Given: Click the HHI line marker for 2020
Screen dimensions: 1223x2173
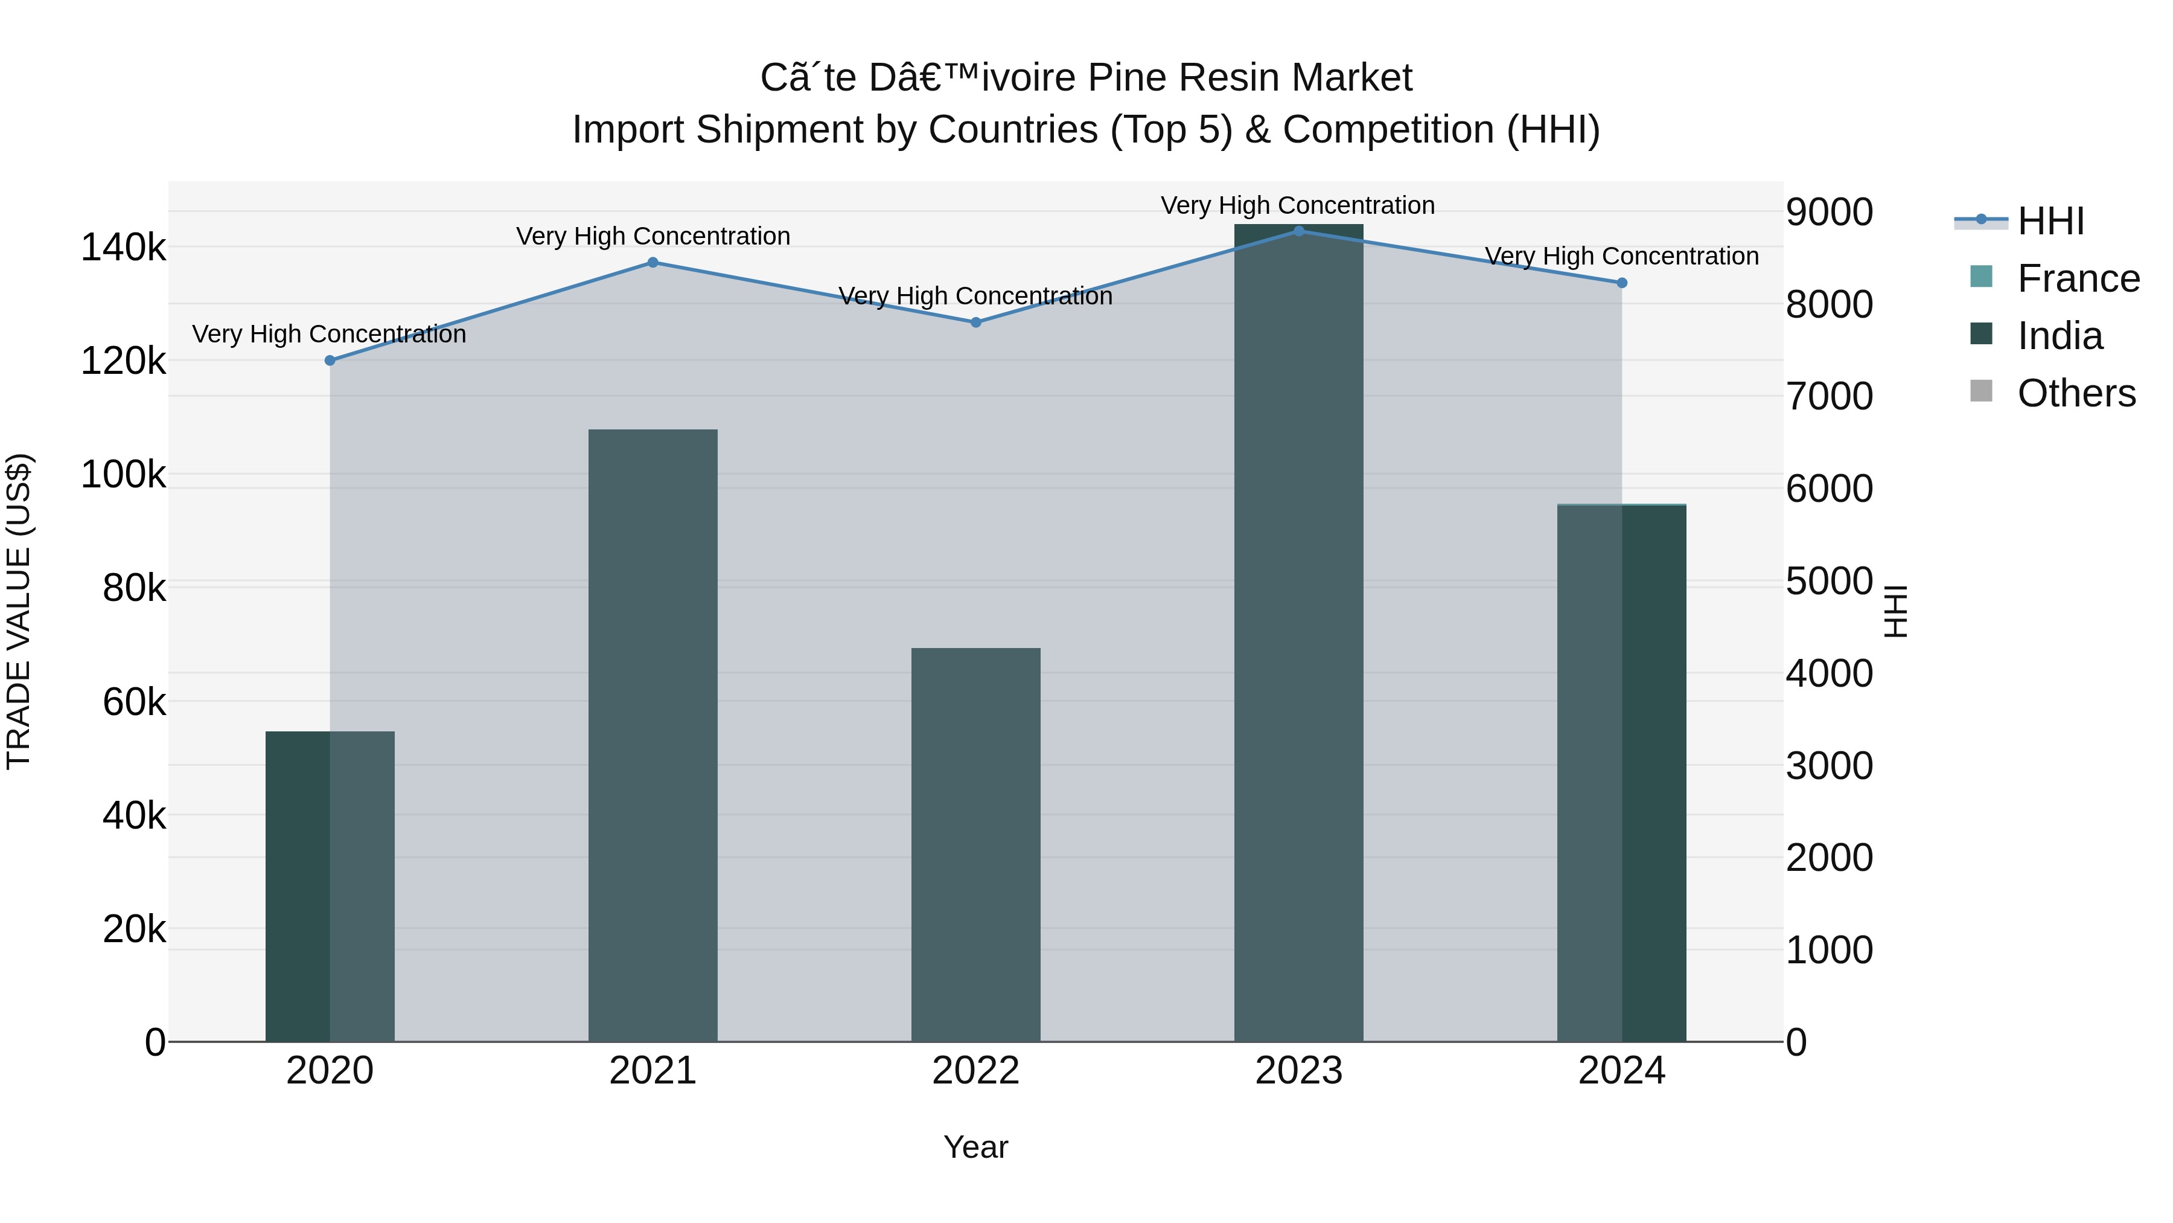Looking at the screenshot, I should [330, 361].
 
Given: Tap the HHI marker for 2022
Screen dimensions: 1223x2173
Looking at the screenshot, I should [975, 323].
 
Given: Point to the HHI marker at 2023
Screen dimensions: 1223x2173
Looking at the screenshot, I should [1298, 231].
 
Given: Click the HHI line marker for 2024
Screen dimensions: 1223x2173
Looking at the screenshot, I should [1621, 283].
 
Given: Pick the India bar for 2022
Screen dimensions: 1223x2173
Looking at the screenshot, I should [975, 844].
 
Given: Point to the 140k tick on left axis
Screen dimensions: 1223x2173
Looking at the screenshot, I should [123, 248].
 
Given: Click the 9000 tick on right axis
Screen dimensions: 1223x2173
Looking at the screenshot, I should [1829, 212].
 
